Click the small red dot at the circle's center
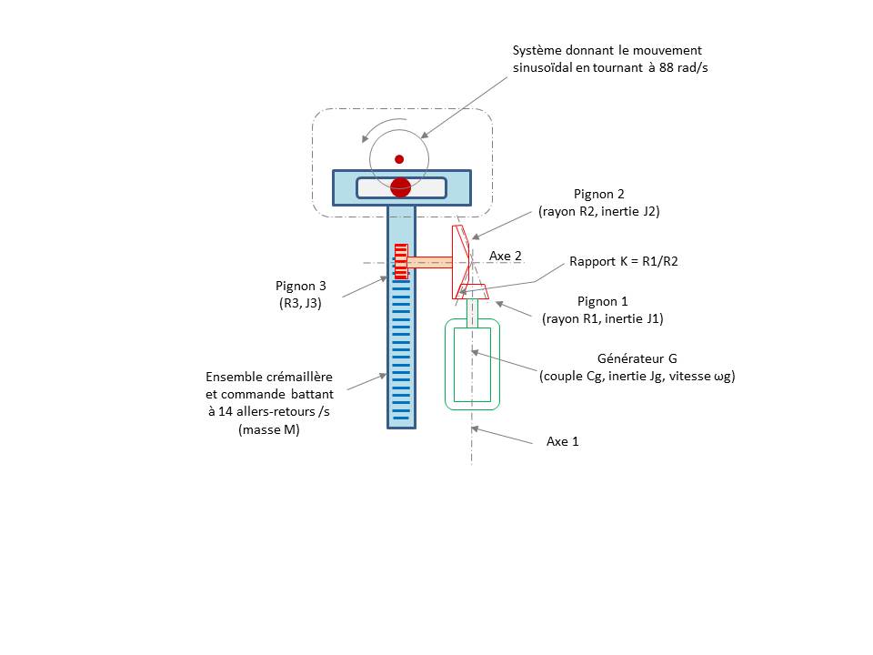(399, 159)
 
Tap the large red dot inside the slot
(400, 187)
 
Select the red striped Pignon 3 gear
(401, 261)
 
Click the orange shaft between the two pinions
(430, 262)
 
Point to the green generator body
(472, 364)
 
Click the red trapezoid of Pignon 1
(472, 291)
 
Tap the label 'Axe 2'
(506, 257)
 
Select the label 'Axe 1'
(562, 442)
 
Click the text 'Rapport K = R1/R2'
(624, 261)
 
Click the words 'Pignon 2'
(599, 194)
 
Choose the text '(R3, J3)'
(300, 303)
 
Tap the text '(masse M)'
(269, 429)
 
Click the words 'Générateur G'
(637, 358)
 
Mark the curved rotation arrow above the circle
(383, 129)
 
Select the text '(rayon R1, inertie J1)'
(602, 318)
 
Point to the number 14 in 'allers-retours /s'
(225, 411)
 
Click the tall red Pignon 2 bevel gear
(461, 262)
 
